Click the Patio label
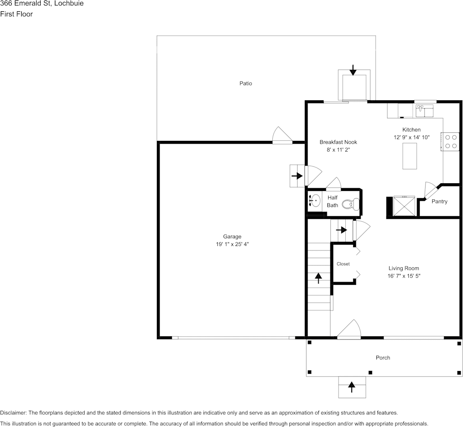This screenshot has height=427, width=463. tap(246, 84)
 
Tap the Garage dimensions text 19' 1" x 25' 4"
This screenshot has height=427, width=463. tap(232, 244)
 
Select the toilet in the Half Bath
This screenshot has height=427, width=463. tap(351, 204)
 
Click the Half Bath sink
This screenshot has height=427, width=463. tap(315, 201)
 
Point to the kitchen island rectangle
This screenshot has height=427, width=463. tap(410, 156)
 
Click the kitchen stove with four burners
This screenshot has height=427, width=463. tap(450, 142)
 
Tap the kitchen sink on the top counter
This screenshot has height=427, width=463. tap(425, 111)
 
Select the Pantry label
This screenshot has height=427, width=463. tap(440, 201)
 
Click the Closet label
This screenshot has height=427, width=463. tap(343, 264)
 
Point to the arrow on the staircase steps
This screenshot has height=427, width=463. tap(318, 278)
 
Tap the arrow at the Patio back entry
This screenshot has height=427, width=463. tap(353, 70)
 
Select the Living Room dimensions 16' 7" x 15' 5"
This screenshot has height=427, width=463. tap(403, 276)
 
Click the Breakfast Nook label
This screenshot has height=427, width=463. tap(339, 142)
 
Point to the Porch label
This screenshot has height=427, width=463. tap(383, 358)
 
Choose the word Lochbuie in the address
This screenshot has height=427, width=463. tap(69, 4)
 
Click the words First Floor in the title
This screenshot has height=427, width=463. tap(17, 14)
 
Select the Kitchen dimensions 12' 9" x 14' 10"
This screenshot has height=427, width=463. tap(412, 137)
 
